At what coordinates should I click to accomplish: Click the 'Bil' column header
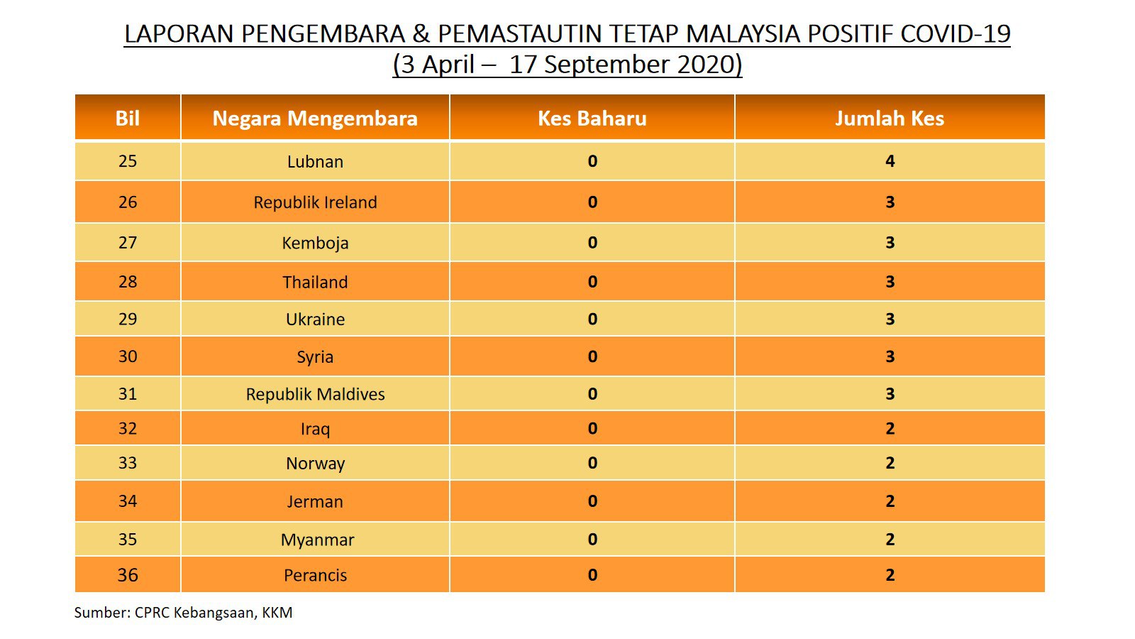coord(127,118)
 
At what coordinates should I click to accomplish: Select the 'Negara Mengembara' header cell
coord(315,118)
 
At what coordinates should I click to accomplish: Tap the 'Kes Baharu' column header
coord(592,118)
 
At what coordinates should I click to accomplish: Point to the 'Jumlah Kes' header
coord(890,118)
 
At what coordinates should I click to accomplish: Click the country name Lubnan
coord(315,161)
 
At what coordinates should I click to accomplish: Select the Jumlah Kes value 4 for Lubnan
coord(890,161)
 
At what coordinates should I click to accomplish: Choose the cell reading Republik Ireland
coord(315,202)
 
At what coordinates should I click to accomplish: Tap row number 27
coord(127,242)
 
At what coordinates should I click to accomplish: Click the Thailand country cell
coord(315,282)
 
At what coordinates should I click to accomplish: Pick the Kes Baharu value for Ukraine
coord(592,319)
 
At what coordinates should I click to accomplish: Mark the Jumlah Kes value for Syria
coord(890,356)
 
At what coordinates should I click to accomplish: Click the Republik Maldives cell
coord(315,394)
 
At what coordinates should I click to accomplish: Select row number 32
coord(127,429)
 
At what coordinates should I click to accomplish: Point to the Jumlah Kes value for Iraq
coord(890,429)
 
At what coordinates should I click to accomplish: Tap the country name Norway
coord(315,464)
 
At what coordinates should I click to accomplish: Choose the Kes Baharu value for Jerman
coord(592,501)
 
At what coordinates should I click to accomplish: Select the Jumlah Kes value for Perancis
coord(890,574)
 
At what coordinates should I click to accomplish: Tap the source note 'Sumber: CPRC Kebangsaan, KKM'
coord(184,613)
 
